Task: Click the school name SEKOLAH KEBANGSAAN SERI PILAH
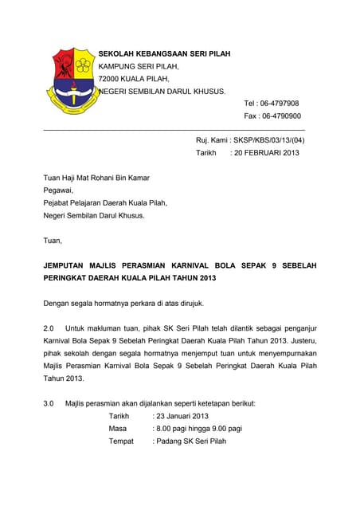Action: [x=164, y=53]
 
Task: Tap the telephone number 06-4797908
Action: [x=278, y=104]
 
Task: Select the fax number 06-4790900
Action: [x=278, y=116]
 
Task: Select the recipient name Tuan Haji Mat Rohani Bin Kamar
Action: [x=96, y=178]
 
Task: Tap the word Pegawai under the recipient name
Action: [x=57, y=190]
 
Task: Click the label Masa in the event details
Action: [x=118, y=429]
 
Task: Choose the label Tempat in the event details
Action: [x=121, y=441]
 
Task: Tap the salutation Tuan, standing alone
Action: [x=52, y=240]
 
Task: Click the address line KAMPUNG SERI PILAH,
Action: [x=139, y=66]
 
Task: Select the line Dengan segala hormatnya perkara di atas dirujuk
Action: [x=124, y=303]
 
